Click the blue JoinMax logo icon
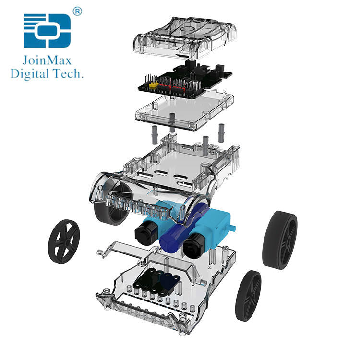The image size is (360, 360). [x=47, y=31]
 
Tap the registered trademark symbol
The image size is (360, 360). [x=77, y=11]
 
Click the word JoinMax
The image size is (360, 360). [x=47, y=60]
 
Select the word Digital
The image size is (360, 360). [x=30, y=74]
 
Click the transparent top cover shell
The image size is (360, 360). [x=184, y=37]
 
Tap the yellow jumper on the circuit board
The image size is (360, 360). [x=154, y=85]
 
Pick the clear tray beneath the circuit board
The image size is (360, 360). [x=184, y=111]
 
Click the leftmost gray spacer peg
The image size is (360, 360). [x=155, y=135]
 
